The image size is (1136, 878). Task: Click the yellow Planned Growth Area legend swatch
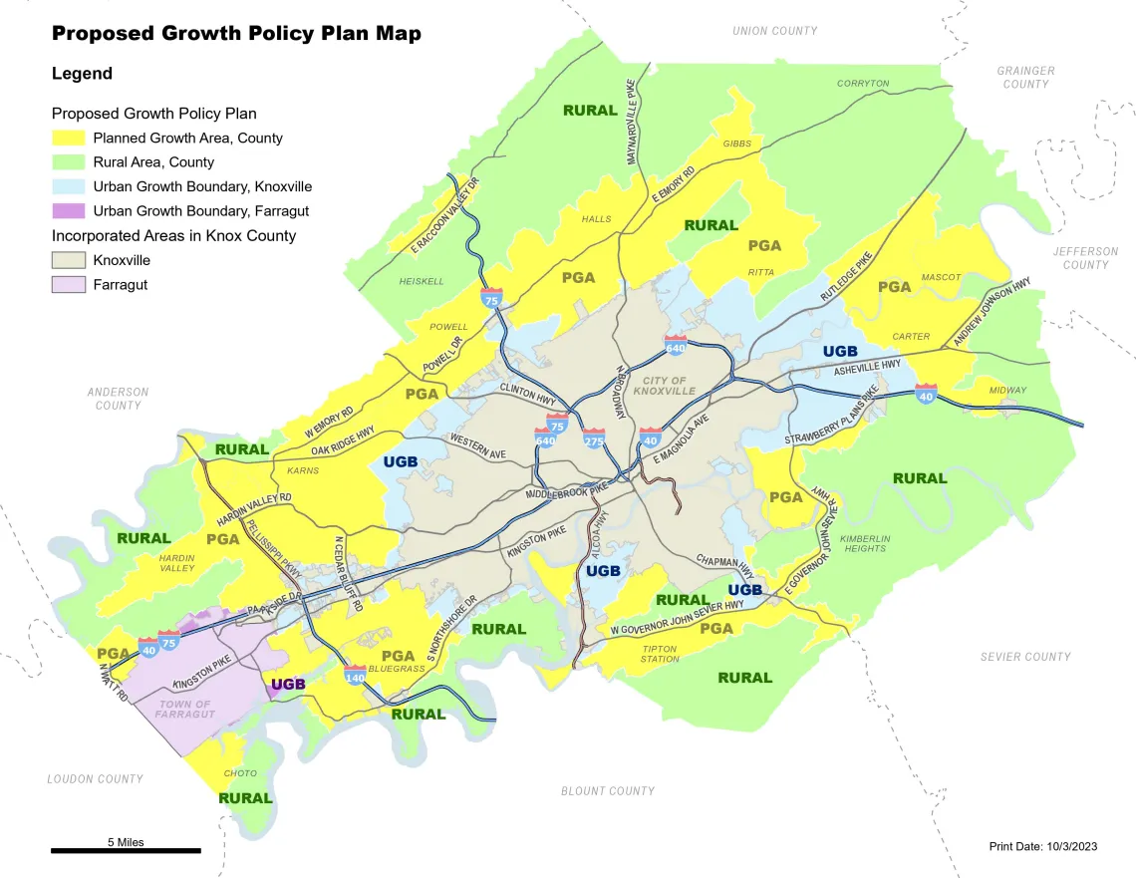(x=69, y=138)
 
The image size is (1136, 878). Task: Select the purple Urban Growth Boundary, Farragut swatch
(x=69, y=211)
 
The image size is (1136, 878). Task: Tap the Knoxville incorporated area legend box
(x=69, y=260)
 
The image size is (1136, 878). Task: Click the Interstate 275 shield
(x=594, y=438)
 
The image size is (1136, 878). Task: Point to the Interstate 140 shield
(x=355, y=675)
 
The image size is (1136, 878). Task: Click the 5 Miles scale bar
(x=126, y=850)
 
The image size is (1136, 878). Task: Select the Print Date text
(x=1042, y=846)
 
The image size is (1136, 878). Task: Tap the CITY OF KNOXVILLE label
(x=664, y=386)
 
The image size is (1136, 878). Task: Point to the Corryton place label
(x=862, y=84)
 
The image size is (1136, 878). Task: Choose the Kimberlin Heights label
(x=865, y=543)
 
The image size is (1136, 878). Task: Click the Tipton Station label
(x=660, y=654)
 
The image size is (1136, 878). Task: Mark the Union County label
(x=774, y=31)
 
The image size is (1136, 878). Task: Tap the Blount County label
(x=607, y=791)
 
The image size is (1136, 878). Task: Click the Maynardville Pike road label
(x=630, y=122)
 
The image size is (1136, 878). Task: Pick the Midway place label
(x=1007, y=391)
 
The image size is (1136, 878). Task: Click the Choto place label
(x=240, y=773)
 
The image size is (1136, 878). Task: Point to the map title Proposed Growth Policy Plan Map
(x=236, y=34)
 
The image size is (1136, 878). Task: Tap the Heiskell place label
(x=422, y=282)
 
